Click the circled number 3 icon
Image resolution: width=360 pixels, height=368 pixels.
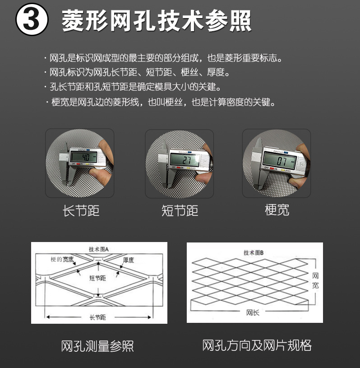32,20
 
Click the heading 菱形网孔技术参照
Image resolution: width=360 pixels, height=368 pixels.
157,21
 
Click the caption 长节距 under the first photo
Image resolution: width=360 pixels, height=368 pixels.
81,211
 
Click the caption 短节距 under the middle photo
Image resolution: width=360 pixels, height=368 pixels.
180,211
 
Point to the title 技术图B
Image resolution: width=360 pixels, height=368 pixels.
254,253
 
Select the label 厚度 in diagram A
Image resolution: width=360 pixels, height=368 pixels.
129,260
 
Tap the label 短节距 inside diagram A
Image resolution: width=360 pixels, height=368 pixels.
97,278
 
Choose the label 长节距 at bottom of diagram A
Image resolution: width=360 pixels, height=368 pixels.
97,317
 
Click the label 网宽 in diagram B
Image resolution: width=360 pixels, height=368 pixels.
315,280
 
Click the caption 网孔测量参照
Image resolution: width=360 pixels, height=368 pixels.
97,346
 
